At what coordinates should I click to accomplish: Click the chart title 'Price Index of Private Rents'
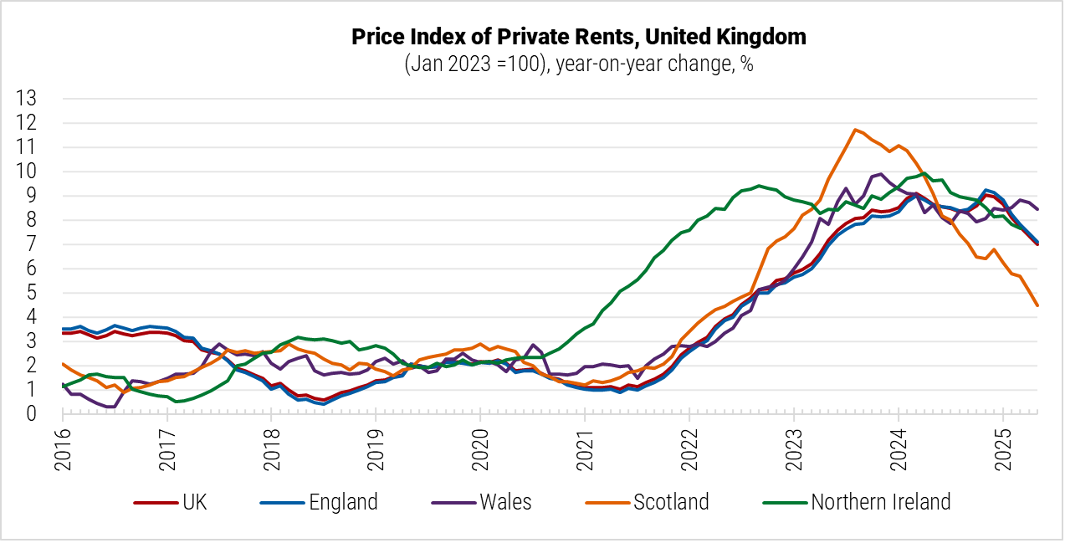pyautogui.click(x=578, y=37)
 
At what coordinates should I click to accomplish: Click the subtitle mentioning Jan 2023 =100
pyautogui.click(x=578, y=64)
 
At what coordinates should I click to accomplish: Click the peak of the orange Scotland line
pyautogui.click(x=854, y=130)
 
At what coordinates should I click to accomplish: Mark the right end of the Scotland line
pyautogui.click(x=1037, y=305)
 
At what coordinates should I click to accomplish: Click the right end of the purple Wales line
pyautogui.click(x=1037, y=209)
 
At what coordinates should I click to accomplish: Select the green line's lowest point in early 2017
pyautogui.click(x=176, y=402)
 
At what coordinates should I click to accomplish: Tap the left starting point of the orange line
pyautogui.click(x=64, y=364)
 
